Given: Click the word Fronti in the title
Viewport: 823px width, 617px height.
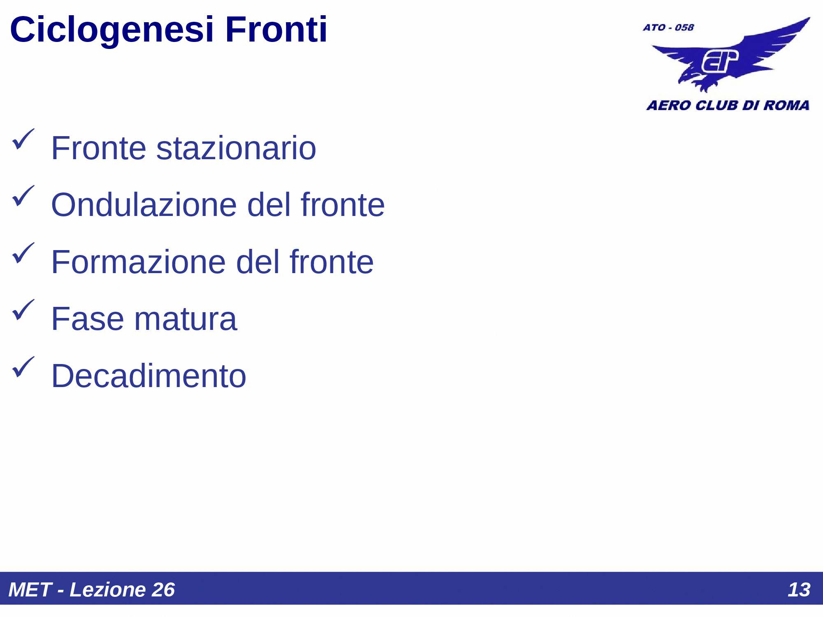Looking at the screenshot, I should click(276, 30).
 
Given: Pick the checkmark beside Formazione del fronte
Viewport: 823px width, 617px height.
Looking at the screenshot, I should click(23, 253).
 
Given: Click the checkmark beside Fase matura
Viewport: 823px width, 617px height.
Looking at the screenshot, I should click(23, 310).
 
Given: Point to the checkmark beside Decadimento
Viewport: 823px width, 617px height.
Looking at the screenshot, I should click(23, 366).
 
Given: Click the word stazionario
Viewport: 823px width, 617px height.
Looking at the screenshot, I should click(236, 148).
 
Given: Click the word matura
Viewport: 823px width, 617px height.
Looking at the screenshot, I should click(186, 319).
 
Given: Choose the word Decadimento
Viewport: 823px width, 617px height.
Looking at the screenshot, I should click(149, 376).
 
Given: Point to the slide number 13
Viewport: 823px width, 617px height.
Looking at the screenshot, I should click(799, 590).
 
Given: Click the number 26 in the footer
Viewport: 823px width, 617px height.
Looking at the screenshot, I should click(163, 590).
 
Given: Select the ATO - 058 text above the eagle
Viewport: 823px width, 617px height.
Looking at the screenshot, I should click(668, 28).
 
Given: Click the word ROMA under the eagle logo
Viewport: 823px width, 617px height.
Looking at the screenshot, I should click(786, 105).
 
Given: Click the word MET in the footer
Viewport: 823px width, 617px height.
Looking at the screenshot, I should click(30, 590).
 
